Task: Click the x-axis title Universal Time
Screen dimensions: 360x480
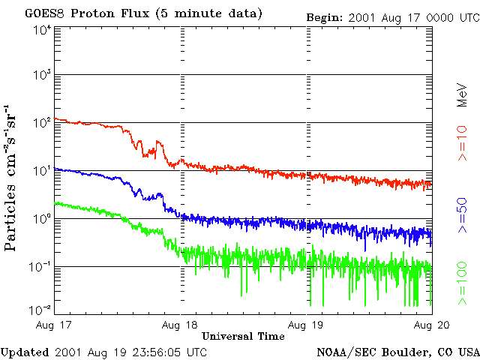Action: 243,337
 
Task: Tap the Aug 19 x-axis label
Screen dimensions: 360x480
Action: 307,325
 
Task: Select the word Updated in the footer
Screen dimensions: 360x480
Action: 25,351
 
